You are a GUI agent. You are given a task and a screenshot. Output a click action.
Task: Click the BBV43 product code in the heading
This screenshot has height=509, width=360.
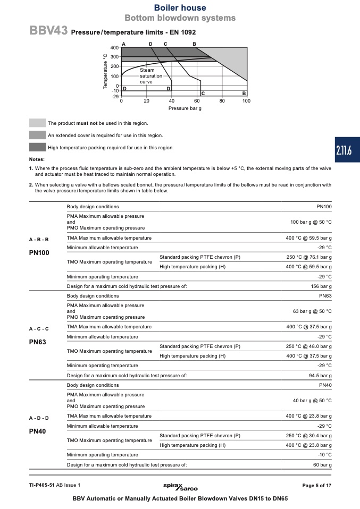point(48,31)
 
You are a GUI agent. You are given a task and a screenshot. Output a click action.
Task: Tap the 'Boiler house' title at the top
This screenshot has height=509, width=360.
point(180,8)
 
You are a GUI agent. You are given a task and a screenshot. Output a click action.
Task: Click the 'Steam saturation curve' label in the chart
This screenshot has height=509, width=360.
point(147,76)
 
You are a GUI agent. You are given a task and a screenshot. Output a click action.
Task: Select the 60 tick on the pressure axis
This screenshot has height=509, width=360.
point(197,100)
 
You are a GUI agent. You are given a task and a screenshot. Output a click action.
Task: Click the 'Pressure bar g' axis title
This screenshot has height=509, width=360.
point(185,108)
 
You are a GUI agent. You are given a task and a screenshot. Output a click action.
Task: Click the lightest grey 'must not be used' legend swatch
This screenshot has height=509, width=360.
point(37,123)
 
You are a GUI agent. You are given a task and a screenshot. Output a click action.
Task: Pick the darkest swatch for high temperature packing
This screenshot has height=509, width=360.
point(37,147)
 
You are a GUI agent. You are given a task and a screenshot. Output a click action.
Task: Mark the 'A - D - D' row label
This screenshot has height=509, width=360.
point(39,418)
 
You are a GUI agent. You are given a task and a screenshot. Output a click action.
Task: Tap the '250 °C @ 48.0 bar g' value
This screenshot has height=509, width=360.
point(308,346)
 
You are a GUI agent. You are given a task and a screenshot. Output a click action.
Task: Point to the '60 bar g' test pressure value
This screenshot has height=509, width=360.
point(322,465)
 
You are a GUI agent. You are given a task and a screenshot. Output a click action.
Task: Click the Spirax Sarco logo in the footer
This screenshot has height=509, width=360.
point(180,487)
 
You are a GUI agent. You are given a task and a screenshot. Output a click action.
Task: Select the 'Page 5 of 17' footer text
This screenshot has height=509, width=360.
point(317,486)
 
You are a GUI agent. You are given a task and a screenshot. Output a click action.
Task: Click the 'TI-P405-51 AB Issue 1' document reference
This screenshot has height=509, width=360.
point(55,485)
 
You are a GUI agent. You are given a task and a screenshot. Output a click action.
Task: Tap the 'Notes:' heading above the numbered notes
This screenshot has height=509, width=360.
point(37,159)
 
